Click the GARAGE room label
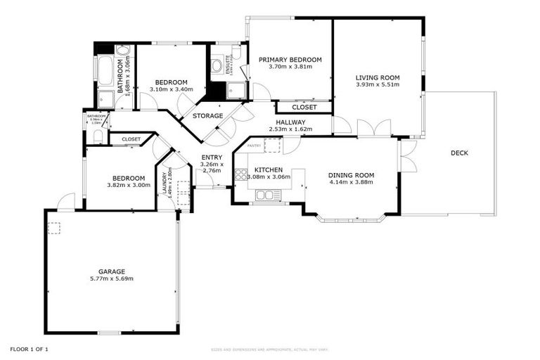[x=112, y=271]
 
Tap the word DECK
[x=459, y=153]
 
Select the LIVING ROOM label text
[x=377, y=77]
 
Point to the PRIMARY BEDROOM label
[x=290, y=60]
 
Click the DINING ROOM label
[x=352, y=175]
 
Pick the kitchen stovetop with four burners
[x=241, y=174]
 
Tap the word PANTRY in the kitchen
[x=254, y=146]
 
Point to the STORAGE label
[x=208, y=115]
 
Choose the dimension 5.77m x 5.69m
[x=112, y=278]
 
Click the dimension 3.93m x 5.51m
[x=377, y=85]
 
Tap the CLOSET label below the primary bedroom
[x=304, y=108]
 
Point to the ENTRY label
[x=212, y=157]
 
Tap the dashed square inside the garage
[x=54, y=226]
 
